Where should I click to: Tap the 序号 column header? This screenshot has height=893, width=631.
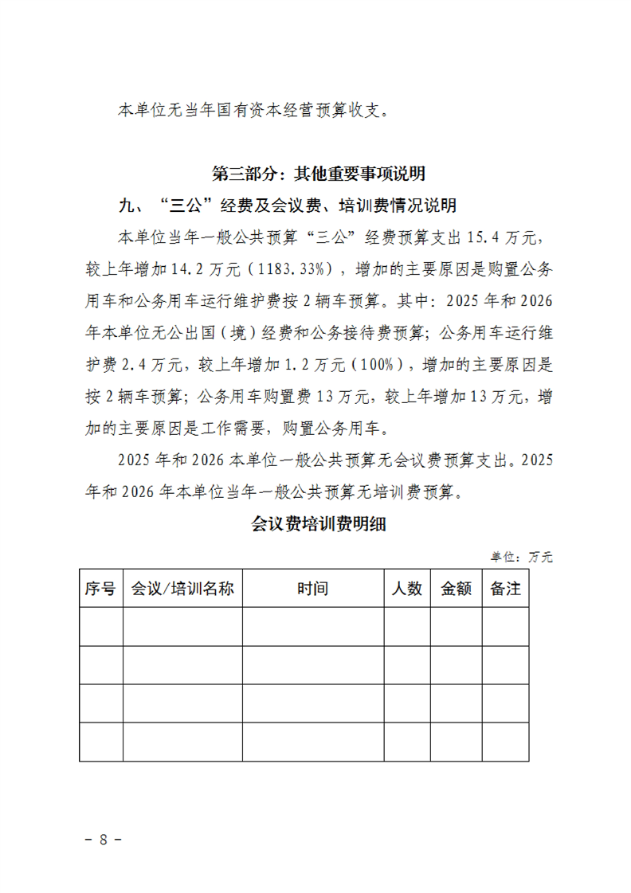pos(100,589)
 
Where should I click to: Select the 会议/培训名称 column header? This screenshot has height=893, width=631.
pos(182,589)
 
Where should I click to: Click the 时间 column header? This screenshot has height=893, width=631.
pos(312,589)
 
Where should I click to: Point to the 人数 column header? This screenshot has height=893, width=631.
pos(407,589)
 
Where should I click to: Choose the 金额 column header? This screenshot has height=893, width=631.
pos(456,589)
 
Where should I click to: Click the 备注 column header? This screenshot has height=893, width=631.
pos(505,589)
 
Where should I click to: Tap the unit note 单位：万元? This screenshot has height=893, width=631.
pos(521,557)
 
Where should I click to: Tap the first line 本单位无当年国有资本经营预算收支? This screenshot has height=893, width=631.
pos(255,110)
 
